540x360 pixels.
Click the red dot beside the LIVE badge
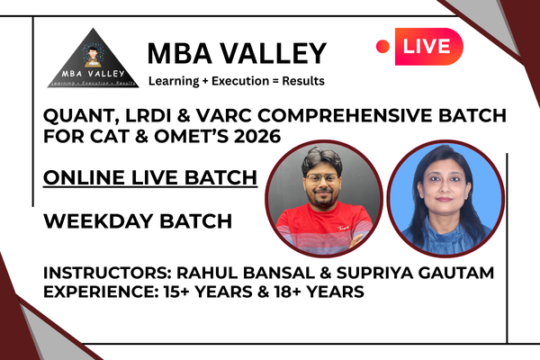coord(383,46)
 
